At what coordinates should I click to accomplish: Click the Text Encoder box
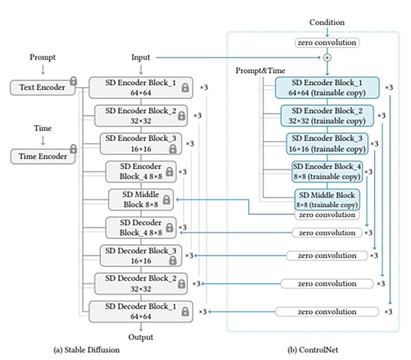(x=43, y=88)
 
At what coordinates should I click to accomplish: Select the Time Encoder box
(x=43, y=156)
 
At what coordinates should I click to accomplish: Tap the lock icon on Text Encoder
(x=74, y=81)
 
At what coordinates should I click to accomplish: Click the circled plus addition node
(x=327, y=58)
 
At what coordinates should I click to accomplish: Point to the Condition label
(x=327, y=22)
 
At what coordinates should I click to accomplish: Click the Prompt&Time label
(x=260, y=71)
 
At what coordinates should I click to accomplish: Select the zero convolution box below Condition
(x=327, y=43)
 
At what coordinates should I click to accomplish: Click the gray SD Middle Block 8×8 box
(x=141, y=199)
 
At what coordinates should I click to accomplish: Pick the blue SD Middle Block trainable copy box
(x=327, y=199)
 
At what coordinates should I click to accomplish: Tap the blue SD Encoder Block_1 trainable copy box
(x=327, y=88)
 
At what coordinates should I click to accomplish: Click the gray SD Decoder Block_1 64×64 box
(x=141, y=312)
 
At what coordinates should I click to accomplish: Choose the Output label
(x=140, y=337)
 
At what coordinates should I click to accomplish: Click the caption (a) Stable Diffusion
(x=86, y=349)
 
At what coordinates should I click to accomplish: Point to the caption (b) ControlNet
(x=313, y=349)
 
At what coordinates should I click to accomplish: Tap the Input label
(x=140, y=57)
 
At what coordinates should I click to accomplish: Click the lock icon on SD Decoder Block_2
(x=182, y=284)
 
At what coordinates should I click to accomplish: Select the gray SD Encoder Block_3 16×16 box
(x=141, y=144)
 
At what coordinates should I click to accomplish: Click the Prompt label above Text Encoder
(x=43, y=57)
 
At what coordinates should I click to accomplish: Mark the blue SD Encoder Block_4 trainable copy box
(x=327, y=172)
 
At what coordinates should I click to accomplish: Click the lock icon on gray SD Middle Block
(x=166, y=199)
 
